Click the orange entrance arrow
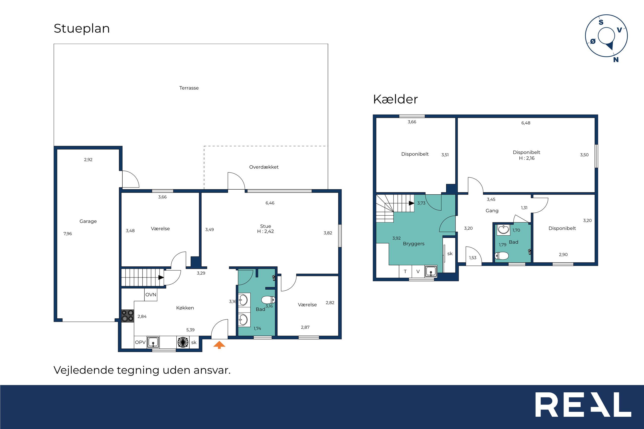219,345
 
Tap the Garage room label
88,221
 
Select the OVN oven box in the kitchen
151,295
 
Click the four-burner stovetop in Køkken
128,316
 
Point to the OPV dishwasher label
140,342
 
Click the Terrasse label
189,88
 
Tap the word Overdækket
264,167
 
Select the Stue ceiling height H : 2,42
266,231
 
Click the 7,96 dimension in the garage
68,234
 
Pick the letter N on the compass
616,60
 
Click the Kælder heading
396,99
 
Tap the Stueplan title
81,28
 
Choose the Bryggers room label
414,244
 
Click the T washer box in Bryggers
405,271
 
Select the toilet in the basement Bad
502,256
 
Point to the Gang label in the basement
492,211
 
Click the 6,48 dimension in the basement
526,123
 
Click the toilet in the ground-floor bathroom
268,300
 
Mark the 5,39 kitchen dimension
190,330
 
